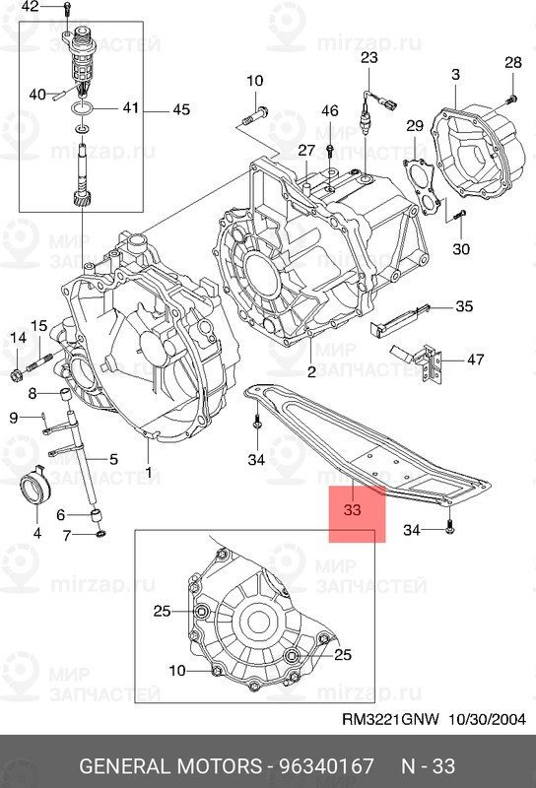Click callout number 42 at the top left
pyautogui.click(x=31, y=7)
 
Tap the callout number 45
pyautogui.click(x=181, y=109)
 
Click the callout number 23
pyautogui.click(x=369, y=57)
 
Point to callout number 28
pyautogui.click(x=513, y=62)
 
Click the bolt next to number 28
pyautogui.click(x=510, y=99)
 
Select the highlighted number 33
pyautogui.click(x=353, y=509)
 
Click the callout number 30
pyautogui.click(x=461, y=249)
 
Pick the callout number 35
pyautogui.click(x=464, y=306)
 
